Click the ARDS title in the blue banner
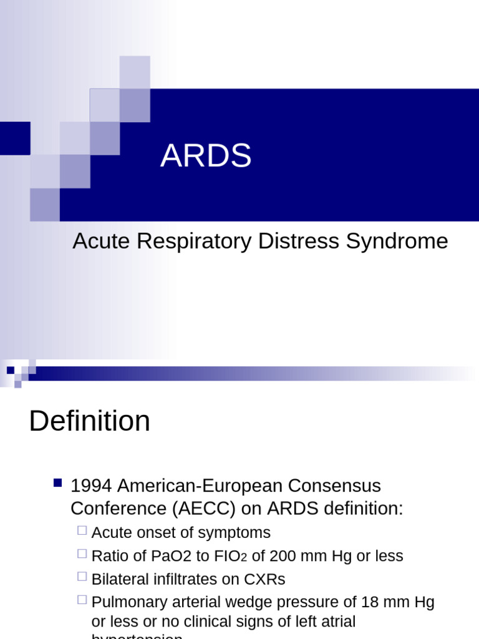(x=206, y=155)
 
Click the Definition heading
(x=89, y=421)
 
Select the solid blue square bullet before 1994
(x=57, y=482)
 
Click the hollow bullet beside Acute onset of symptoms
(x=82, y=530)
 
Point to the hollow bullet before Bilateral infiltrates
(x=82, y=577)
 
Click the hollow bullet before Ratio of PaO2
(x=82, y=554)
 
